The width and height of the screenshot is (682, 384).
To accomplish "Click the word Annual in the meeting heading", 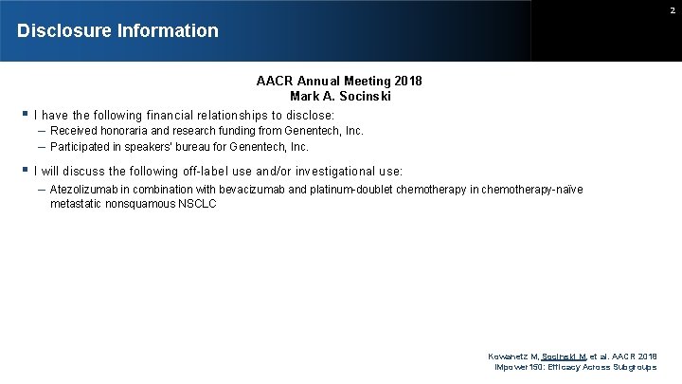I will pos(318,81).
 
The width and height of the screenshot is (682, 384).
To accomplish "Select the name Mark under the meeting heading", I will pos(305,96).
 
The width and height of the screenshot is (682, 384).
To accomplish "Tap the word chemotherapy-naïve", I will pos(531,190).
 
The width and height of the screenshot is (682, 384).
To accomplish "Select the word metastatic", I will pos(76,204).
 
